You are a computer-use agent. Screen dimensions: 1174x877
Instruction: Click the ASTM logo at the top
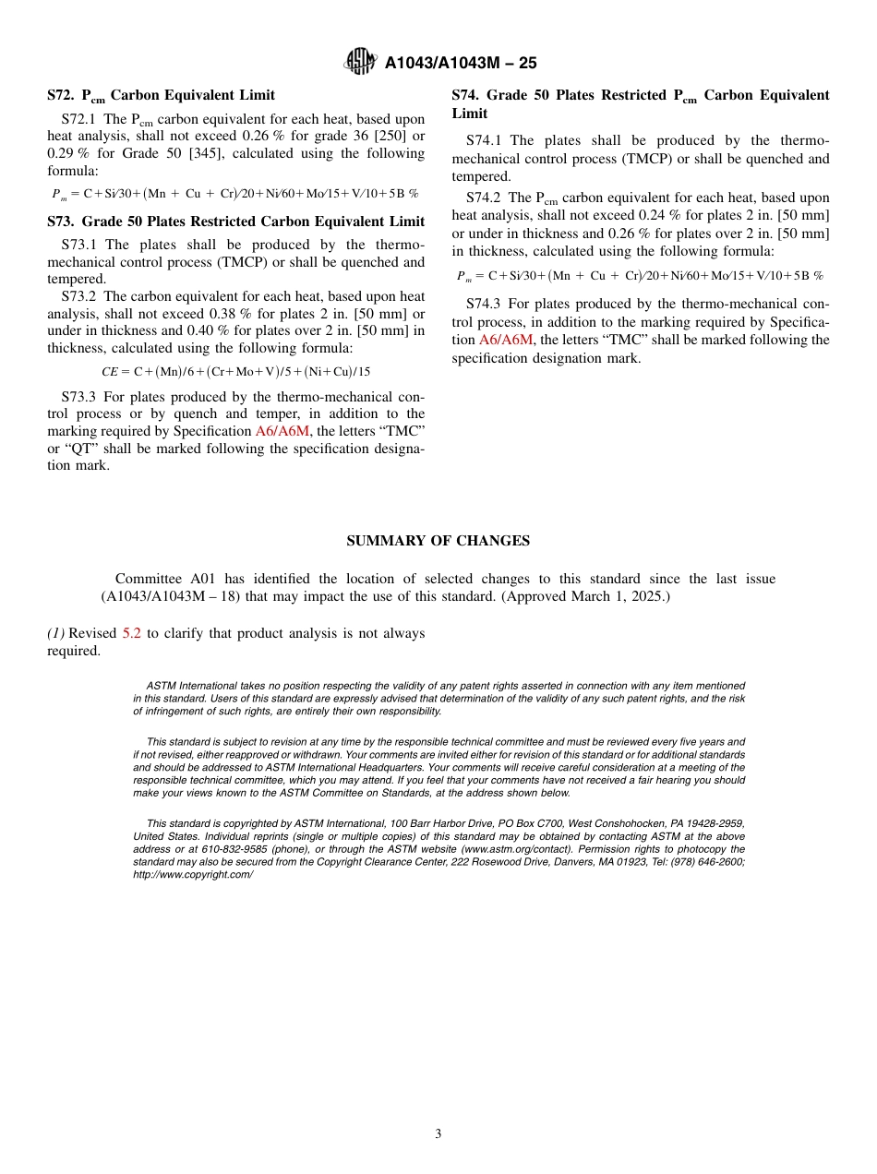pyautogui.click(x=360, y=63)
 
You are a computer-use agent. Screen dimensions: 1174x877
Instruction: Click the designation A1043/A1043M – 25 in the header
pyautogui.click(x=461, y=64)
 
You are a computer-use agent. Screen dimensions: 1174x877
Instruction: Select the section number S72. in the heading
pyautogui.click(x=61, y=95)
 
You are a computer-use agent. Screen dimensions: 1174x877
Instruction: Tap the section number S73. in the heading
pyautogui.click(x=61, y=222)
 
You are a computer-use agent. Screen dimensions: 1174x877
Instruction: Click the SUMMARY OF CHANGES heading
pyautogui.click(x=438, y=541)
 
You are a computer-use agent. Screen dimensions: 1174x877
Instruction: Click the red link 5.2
pyautogui.click(x=132, y=633)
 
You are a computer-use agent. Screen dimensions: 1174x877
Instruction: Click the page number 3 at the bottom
pyautogui.click(x=438, y=1134)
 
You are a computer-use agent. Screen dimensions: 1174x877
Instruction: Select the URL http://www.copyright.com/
pyautogui.click(x=193, y=874)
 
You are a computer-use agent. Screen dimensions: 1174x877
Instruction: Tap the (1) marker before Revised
pyautogui.click(x=55, y=633)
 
